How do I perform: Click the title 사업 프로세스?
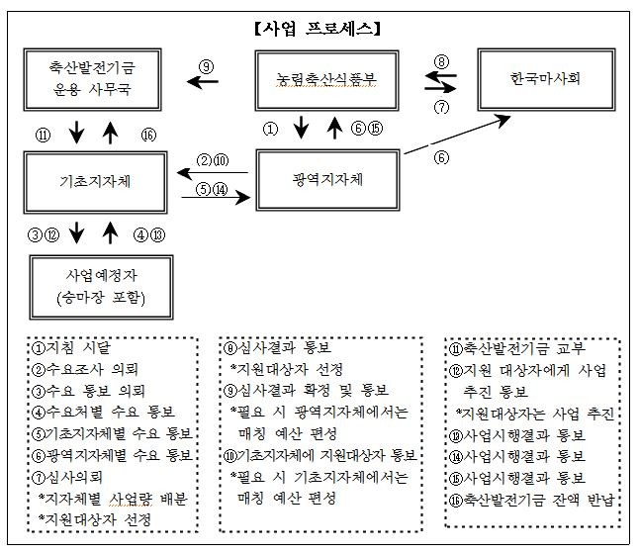(319, 28)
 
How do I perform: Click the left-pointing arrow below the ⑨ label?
(204, 84)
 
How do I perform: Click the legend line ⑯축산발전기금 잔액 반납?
(531, 500)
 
